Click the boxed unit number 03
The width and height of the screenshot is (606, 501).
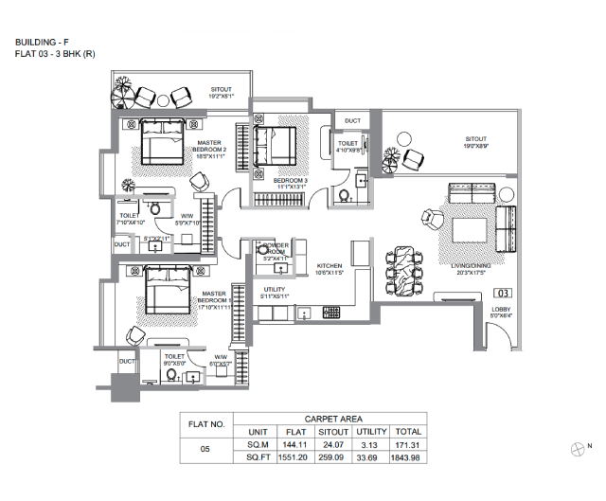(x=504, y=294)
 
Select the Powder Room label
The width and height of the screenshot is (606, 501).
(x=275, y=251)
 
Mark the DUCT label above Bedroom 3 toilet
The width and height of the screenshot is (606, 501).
(x=352, y=121)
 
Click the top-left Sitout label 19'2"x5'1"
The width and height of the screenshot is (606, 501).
(x=227, y=93)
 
